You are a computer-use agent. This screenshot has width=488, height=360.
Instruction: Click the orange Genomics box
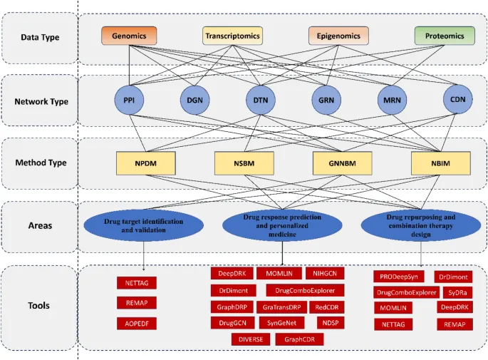pyautogui.click(x=129, y=36)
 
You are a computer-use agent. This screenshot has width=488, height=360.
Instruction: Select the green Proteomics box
pyautogui.click(x=440, y=36)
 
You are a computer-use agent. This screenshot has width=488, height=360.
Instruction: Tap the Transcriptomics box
pyautogui.click(x=233, y=36)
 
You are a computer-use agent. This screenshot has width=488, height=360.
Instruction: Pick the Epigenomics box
pyautogui.click(x=338, y=36)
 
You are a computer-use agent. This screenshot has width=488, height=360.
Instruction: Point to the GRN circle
pyautogui.click(x=325, y=102)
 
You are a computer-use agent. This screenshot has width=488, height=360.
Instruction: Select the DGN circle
pyautogui.click(x=194, y=102)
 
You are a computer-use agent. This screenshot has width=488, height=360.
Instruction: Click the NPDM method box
pyautogui.click(x=146, y=163)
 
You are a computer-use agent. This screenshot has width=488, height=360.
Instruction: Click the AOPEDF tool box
pyautogui.click(x=136, y=324)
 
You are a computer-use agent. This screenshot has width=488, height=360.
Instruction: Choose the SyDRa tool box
pyautogui.click(x=455, y=292)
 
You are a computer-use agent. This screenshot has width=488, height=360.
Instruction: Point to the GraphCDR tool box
pyautogui.click(x=300, y=339)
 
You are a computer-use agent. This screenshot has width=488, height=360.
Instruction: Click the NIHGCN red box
pyautogui.click(x=325, y=274)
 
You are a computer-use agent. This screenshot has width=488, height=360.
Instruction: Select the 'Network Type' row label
pyautogui.click(x=41, y=101)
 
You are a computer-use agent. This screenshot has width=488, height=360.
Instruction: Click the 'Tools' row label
pyautogui.click(x=39, y=306)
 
